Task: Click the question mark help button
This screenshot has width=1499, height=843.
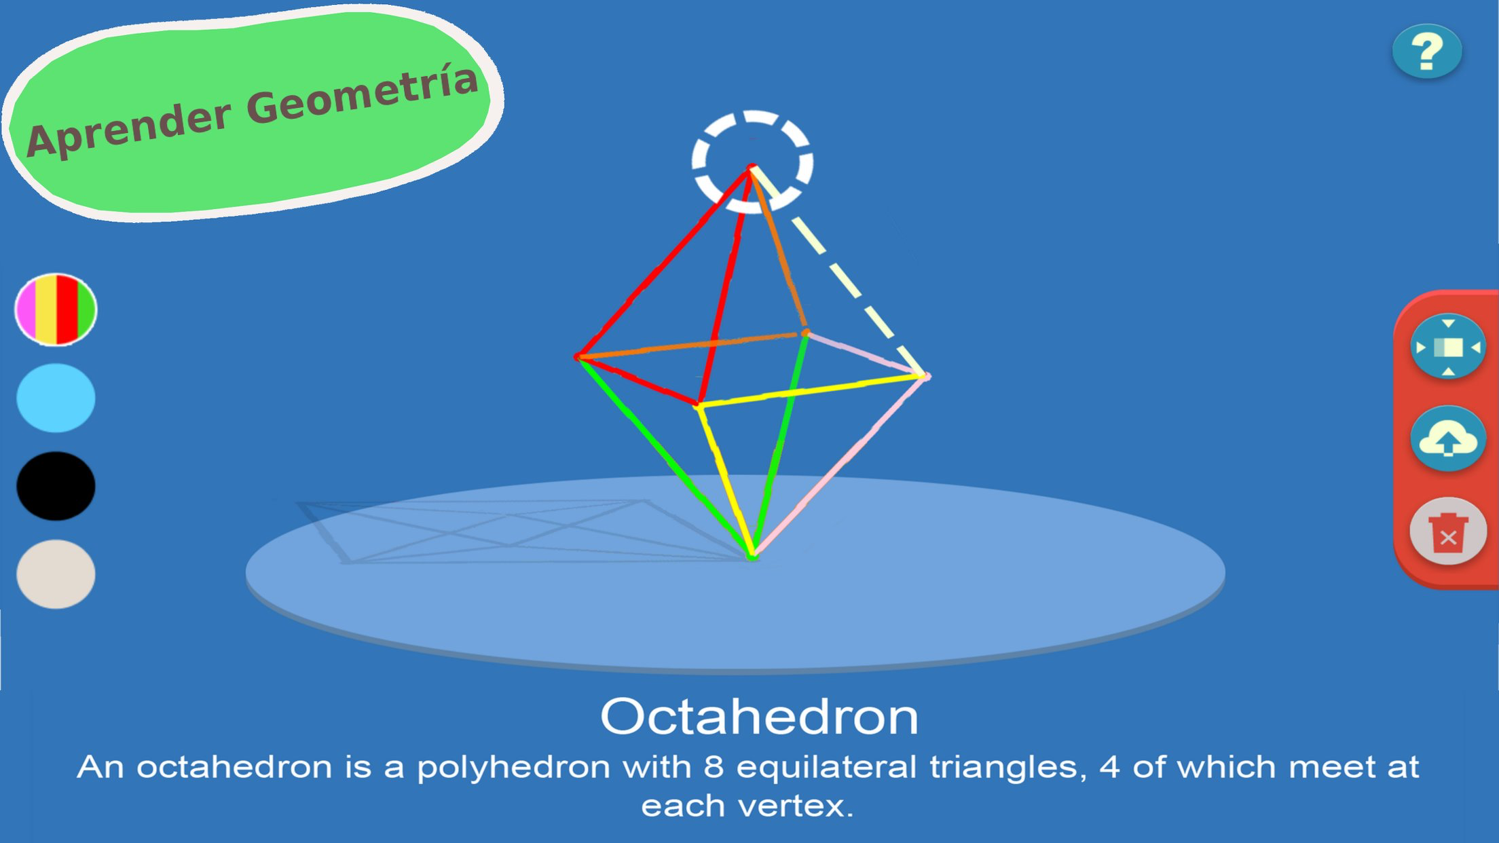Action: [1427, 52]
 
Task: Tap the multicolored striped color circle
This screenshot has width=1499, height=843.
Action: [56, 310]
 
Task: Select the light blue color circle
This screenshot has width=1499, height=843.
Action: [56, 398]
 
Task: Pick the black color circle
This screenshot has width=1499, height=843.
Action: [56, 486]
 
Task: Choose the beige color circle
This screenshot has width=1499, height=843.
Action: [56, 574]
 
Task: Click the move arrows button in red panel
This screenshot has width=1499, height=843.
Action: [1448, 347]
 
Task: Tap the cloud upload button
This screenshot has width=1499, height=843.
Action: [1448, 439]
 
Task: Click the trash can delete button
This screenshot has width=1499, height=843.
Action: [1448, 531]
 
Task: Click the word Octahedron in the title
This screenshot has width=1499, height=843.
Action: [759, 717]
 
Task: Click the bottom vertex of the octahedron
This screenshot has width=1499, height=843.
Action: [752, 556]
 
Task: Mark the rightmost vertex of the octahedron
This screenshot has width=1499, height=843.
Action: [926, 375]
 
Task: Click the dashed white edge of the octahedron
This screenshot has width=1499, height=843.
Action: [839, 271]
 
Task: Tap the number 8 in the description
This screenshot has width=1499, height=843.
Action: [714, 767]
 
